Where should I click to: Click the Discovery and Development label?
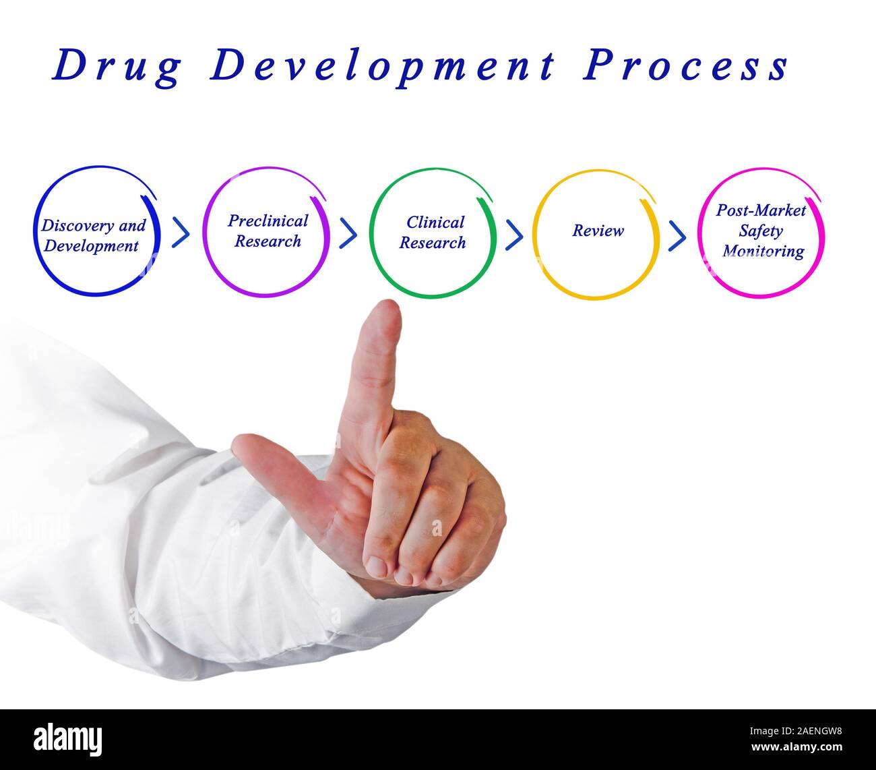pyautogui.click(x=92, y=235)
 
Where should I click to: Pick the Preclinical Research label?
pyautogui.click(x=268, y=231)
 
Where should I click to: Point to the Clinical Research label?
pyautogui.click(x=433, y=232)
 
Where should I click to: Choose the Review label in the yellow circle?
pyautogui.click(x=598, y=231)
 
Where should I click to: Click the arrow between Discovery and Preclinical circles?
pyautogui.click(x=181, y=233)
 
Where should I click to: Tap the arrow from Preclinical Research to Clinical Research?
pyautogui.click(x=348, y=233)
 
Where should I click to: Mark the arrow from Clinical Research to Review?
pyautogui.click(x=514, y=234)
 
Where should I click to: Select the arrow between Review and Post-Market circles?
pyautogui.click(x=677, y=235)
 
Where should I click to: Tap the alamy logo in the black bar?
pyautogui.click(x=68, y=739)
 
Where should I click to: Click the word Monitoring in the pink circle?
pyautogui.click(x=763, y=251)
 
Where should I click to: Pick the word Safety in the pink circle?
pyautogui.click(x=760, y=231)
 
